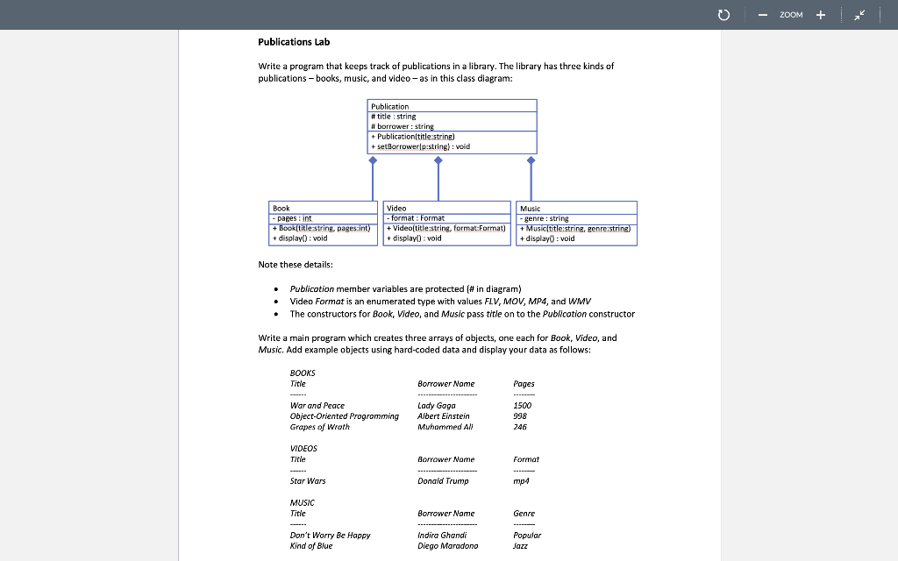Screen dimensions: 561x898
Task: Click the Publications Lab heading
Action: pyautogui.click(x=294, y=42)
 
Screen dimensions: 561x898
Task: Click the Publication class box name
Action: pyautogui.click(x=389, y=106)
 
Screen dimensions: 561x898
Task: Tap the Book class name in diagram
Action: pyautogui.click(x=281, y=208)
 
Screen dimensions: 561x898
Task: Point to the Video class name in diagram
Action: pyautogui.click(x=396, y=208)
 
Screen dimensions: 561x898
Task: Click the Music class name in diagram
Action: pyautogui.click(x=530, y=208)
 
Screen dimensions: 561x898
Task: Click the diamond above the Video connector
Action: pyautogui.click(x=438, y=160)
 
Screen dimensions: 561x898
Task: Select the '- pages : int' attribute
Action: pyautogui.click(x=292, y=218)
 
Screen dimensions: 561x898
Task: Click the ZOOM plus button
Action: pyautogui.click(x=821, y=15)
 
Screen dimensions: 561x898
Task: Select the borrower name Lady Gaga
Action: pyautogui.click(x=437, y=405)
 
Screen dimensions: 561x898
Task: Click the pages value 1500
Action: pyautogui.click(x=523, y=405)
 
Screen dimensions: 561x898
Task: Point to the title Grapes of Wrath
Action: pyautogui.click(x=319, y=427)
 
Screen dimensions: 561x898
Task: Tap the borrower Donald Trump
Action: pyautogui.click(x=443, y=480)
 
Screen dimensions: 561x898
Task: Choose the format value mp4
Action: pyautogui.click(x=521, y=480)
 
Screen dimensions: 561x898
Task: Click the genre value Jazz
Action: pyautogui.click(x=521, y=545)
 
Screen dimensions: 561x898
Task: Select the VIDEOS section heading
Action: pyautogui.click(x=303, y=448)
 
